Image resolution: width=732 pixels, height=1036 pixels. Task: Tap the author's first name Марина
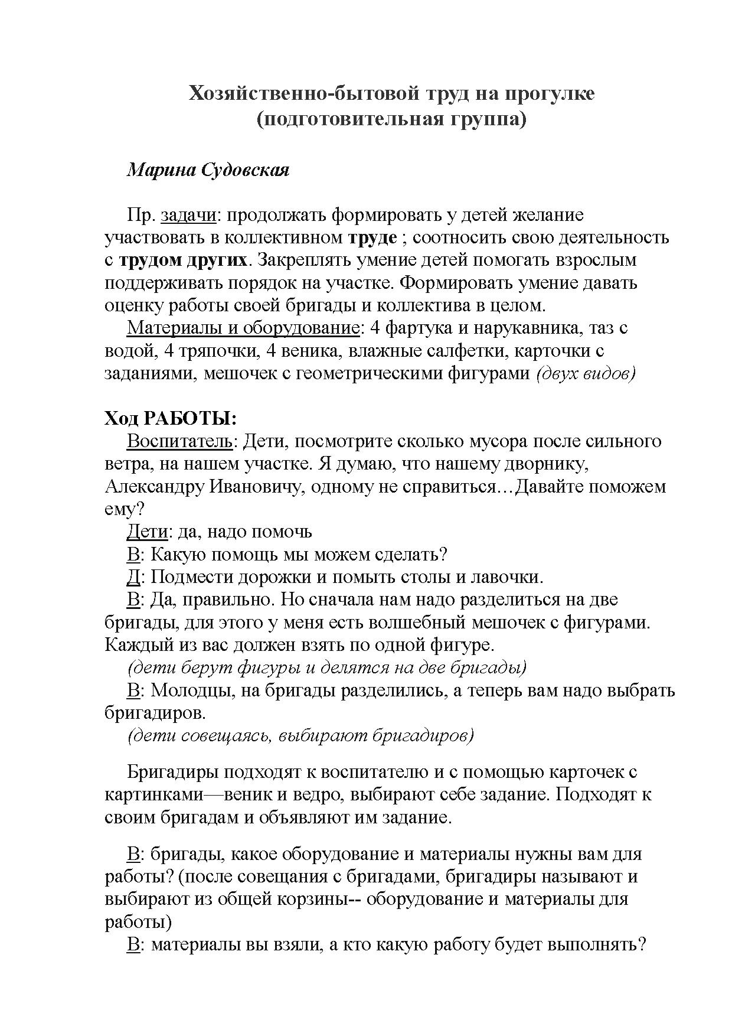(159, 170)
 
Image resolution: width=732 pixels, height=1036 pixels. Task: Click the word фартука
(420, 328)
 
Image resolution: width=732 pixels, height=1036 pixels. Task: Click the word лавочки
(509, 576)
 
